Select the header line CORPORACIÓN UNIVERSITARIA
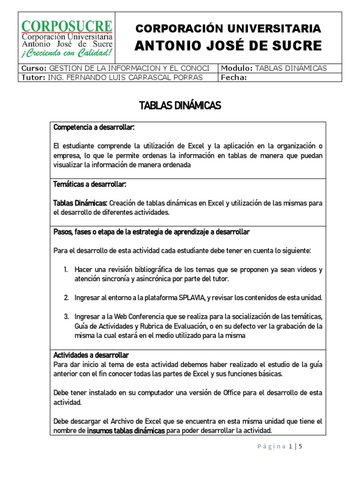(x=228, y=29)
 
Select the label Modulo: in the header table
(x=237, y=68)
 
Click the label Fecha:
(x=233, y=77)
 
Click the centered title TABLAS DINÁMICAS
(x=180, y=106)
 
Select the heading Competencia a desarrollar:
(x=94, y=127)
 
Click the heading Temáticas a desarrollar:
(x=90, y=185)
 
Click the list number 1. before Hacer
(x=66, y=270)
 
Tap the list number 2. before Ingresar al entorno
(x=66, y=298)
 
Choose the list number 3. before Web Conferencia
(x=66, y=316)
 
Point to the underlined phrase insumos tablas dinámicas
(x=126, y=431)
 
